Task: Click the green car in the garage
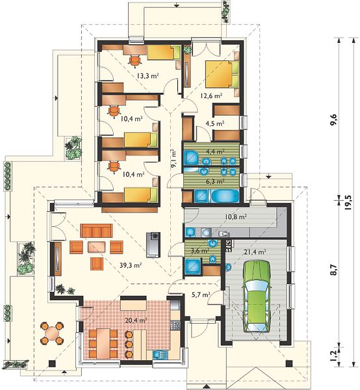point(257,296)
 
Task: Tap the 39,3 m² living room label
point(131,265)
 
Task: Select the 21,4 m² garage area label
point(255,252)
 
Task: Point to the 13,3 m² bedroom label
point(148,75)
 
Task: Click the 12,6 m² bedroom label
point(211,96)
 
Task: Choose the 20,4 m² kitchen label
point(136,321)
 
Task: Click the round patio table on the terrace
point(52,333)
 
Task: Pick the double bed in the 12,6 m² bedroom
point(222,74)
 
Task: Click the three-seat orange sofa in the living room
point(96,231)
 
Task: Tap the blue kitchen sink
point(158,354)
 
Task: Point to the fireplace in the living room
point(153,245)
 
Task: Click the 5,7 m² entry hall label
point(201,295)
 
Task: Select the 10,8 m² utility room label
point(236,217)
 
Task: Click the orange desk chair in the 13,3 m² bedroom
point(135,60)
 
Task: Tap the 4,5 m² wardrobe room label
point(215,123)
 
